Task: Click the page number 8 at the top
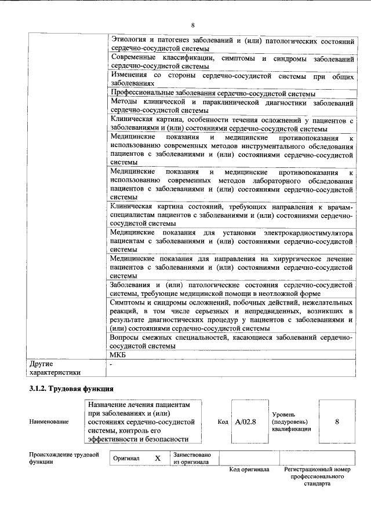point(192,25)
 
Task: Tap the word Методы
point(122,102)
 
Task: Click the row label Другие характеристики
point(55,368)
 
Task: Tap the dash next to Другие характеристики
point(111,365)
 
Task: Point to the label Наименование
point(49,422)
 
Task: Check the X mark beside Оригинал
point(157,458)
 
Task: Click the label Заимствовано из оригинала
point(191,458)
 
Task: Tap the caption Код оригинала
point(249,470)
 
